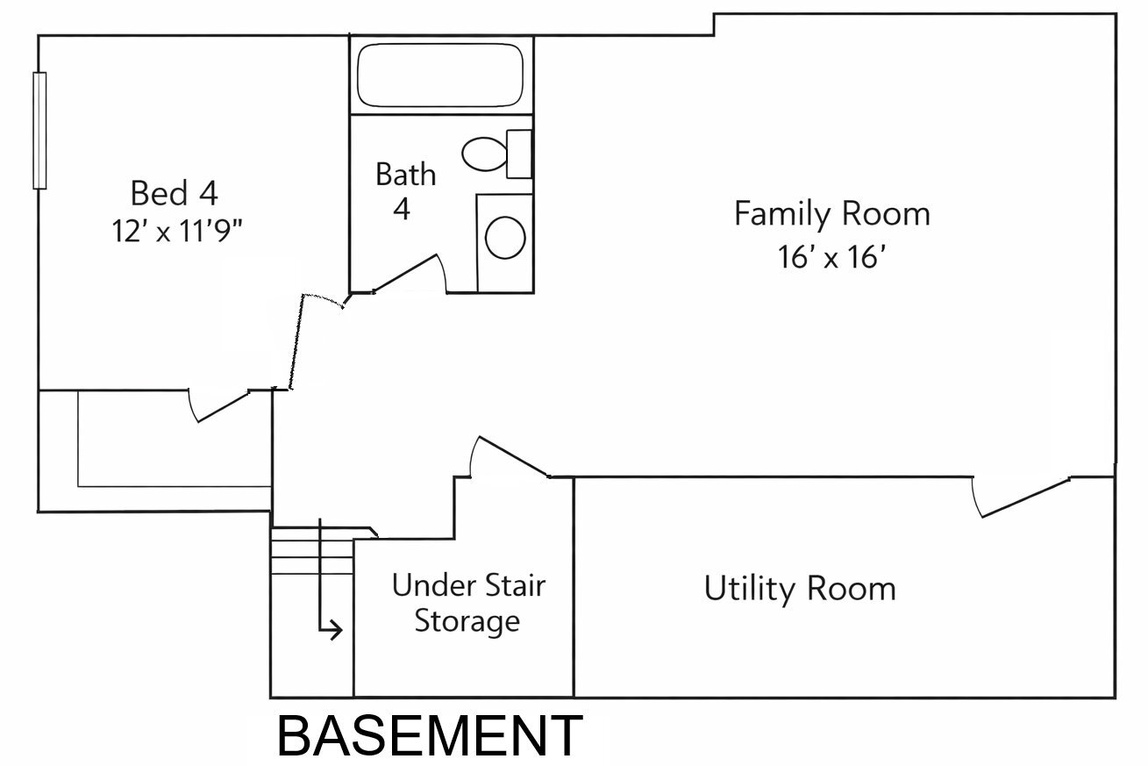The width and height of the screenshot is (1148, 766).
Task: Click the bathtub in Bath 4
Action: point(440,75)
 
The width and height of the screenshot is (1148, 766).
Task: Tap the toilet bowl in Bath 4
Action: point(484,154)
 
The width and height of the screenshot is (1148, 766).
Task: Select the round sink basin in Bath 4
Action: point(505,238)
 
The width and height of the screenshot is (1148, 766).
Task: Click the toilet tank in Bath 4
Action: point(519,154)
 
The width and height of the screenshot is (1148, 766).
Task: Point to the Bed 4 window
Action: point(39,131)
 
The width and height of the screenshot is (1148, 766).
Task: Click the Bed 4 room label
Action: point(175,193)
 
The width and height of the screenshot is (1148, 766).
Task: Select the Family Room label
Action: point(831,214)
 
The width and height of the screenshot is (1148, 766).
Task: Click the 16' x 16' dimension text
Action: point(831,257)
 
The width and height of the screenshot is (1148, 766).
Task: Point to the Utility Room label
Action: point(800,589)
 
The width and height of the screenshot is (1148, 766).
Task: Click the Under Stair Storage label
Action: point(468,603)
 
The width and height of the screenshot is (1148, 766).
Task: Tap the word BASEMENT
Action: point(430,736)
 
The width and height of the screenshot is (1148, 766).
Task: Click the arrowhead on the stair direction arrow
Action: point(336,630)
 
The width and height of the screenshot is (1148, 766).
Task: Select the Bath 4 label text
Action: point(405,191)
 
